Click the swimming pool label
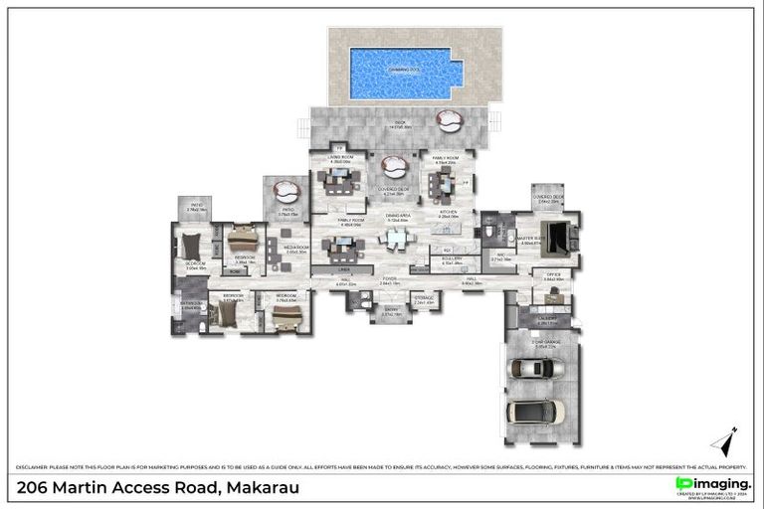click(405, 70)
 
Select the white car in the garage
click(535, 410)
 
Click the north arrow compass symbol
click(725, 441)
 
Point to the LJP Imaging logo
click(712, 484)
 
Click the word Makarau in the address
click(263, 487)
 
